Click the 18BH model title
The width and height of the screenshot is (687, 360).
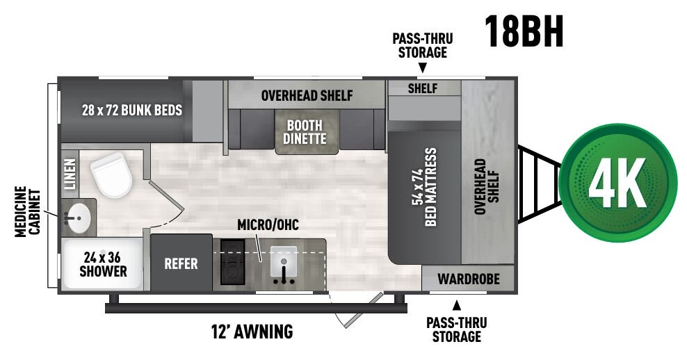pyautogui.click(x=524, y=31)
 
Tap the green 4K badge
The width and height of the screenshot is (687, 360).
pyautogui.click(x=617, y=183)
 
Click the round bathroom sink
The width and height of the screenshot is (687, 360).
pyautogui.click(x=77, y=218)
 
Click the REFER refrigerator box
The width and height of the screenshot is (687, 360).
pyautogui.click(x=181, y=264)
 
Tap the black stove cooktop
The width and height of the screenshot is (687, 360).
pyautogui.click(x=232, y=263)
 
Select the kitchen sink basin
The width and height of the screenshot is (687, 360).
pyautogui.click(x=284, y=260)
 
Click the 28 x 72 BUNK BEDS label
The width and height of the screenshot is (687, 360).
pyautogui.click(x=132, y=110)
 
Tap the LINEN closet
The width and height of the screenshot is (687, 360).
pyautogui.click(x=70, y=173)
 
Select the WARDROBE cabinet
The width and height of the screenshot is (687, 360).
pyautogui.click(x=468, y=279)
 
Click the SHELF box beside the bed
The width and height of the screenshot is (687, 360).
pyautogui.click(x=423, y=88)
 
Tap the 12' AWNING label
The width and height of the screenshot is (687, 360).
pyautogui.click(x=252, y=332)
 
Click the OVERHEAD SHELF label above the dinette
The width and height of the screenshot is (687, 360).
pyautogui.click(x=307, y=95)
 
